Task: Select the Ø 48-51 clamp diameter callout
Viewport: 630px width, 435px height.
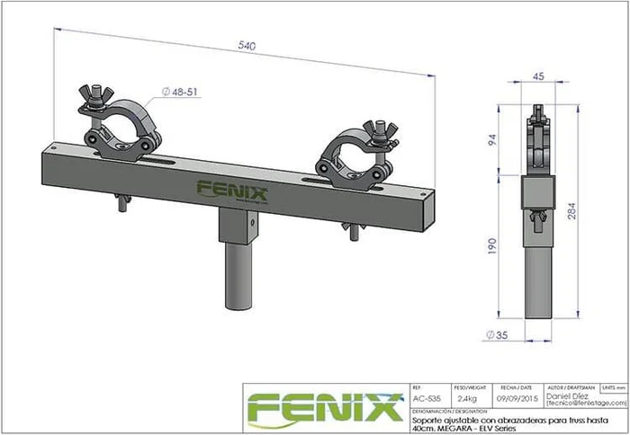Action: pos(182,92)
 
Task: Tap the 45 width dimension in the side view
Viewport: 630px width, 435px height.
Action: pos(539,77)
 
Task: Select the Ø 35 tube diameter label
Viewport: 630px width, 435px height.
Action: pos(495,336)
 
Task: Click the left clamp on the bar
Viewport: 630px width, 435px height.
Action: pos(121,131)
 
